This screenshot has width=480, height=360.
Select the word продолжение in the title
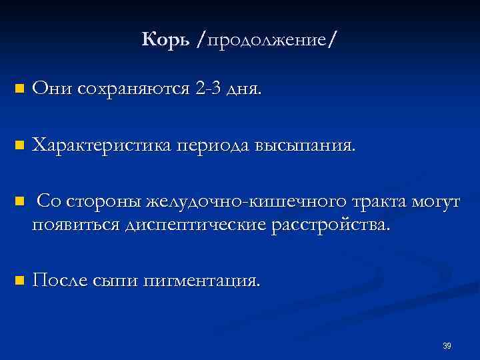point(267,41)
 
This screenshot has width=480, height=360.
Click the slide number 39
point(447,345)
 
